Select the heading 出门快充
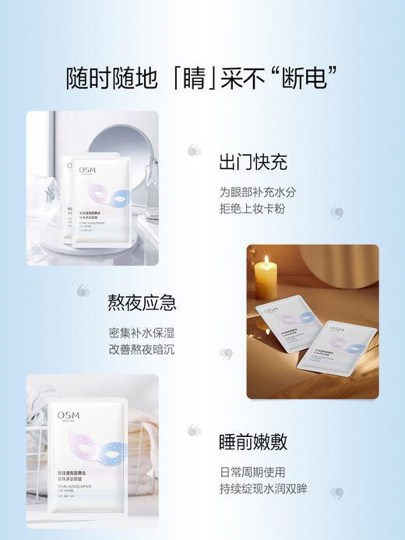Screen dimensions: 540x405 tap(252, 162)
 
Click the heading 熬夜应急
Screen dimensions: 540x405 tap(141, 302)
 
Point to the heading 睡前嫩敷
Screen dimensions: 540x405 tap(252, 443)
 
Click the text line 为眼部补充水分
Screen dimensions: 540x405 tap(257, 191)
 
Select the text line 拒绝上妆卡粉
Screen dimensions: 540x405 tap(252, 209)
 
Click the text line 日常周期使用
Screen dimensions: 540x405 tap(252, 472)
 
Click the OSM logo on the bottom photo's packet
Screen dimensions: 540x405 tap(69, 415)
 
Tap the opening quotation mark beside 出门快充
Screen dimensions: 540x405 tap(194, 150)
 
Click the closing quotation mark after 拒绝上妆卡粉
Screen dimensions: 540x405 tap(336, 212)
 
